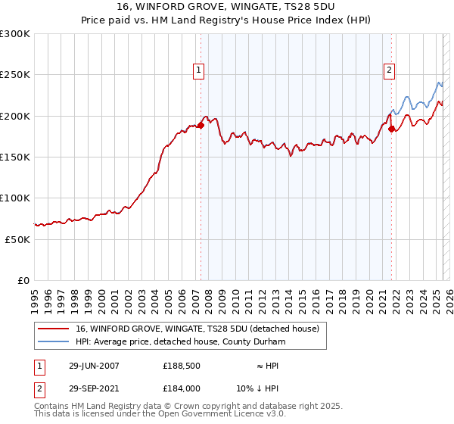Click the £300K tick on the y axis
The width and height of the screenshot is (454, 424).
(15, 34)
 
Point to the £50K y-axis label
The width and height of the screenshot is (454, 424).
(17, 239)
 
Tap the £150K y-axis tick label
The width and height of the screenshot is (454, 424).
(15, 157)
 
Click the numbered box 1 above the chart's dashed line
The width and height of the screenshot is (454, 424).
(198, 70)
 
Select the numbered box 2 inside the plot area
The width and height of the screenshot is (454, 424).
(389, 70)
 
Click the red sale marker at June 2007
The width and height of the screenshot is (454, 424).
(201, 126)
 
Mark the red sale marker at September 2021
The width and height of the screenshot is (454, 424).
(391, 129)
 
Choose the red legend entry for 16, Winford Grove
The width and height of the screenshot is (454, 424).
(197, 329)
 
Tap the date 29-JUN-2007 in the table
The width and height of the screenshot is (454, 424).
(95, 366)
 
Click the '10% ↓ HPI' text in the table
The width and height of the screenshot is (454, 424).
(257, 388)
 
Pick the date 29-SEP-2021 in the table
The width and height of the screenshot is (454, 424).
(95, 388)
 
